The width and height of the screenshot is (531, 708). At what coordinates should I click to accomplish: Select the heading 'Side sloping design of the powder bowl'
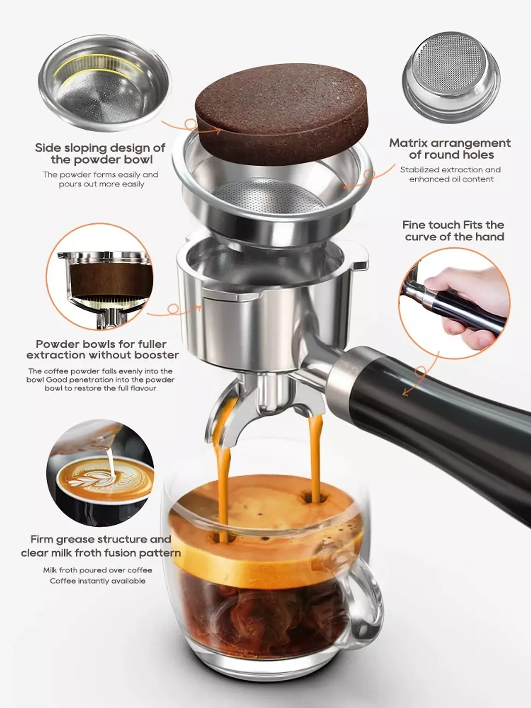[x=100, y=153]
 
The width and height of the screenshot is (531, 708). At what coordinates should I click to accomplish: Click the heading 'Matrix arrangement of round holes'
[x=450, y=149]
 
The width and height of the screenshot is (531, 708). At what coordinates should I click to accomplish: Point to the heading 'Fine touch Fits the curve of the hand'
[x=453, y=231]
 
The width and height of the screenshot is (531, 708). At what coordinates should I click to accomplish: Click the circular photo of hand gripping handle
[x=454, y=302]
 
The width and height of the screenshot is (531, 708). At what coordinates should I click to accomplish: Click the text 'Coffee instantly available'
[x=98, y=581]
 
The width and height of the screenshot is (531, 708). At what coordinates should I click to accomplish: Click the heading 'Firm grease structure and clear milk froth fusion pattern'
[x=101, y=546]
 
